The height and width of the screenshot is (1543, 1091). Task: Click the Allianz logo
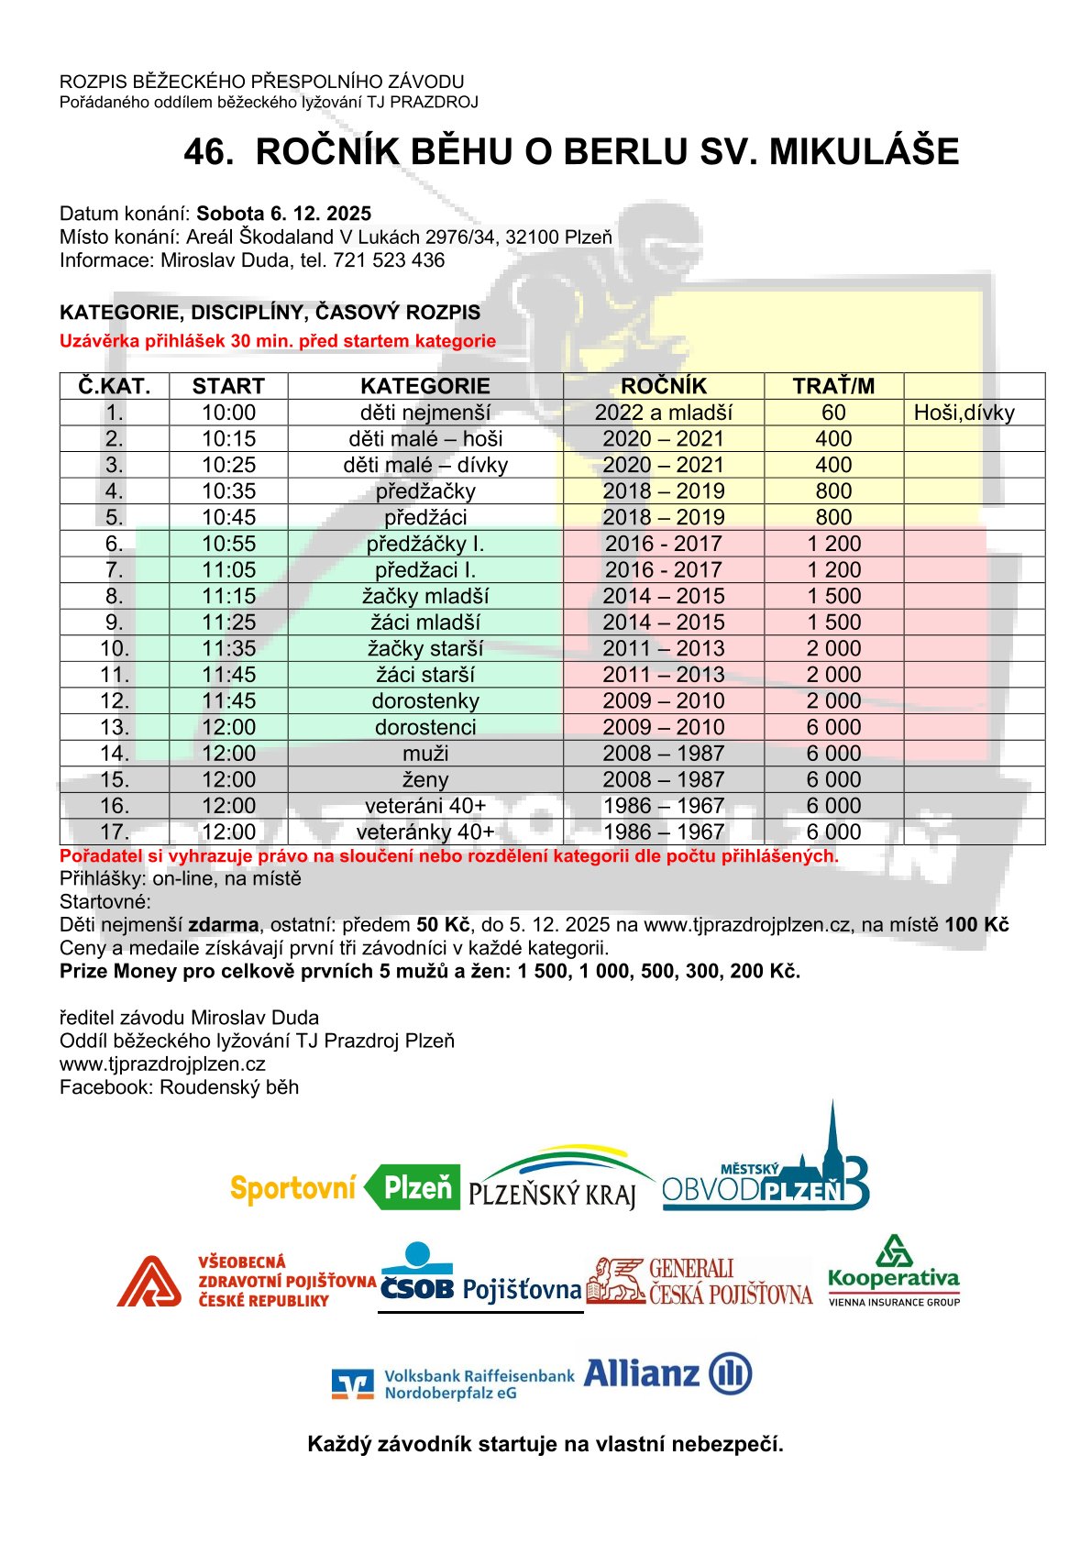[x=667, y=1373]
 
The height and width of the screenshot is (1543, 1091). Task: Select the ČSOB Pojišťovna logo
[x=480, y=1277]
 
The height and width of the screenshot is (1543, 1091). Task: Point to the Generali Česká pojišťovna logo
[x=700, y=1281]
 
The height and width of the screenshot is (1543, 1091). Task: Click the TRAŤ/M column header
[x=833, y=386]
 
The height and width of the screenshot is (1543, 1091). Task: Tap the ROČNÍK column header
[x=663, y=386]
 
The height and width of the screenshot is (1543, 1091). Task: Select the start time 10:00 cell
[x=228, y=413]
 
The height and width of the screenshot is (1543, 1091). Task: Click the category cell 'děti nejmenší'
[x=425, y=413]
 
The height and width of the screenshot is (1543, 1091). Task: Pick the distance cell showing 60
[x=833, y=413]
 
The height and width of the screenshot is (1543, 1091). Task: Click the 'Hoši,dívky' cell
[x=964, y=413]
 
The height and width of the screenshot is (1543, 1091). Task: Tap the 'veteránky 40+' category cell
[x=425, y=832]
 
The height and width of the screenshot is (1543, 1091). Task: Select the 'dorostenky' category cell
[x=425, y=700]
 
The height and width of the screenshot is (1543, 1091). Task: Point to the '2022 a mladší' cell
[x=663, y=413]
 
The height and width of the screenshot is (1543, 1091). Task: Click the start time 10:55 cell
[x=228, y=544]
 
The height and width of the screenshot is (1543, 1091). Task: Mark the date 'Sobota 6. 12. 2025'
[x=283, y=214]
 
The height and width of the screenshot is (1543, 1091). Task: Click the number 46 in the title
[x=207, y=152]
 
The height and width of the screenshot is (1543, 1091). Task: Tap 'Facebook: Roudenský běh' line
[x=179, y=1087]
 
